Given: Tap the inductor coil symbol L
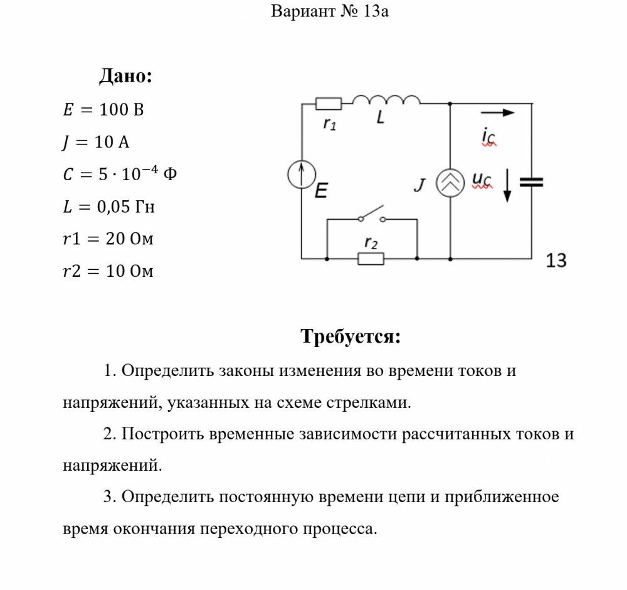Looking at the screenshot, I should point(386,100).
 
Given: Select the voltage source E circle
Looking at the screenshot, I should point(302,174).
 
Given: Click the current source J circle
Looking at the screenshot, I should point(450,183).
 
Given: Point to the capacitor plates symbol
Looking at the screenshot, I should point(532,182).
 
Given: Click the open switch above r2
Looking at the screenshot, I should point(372,215).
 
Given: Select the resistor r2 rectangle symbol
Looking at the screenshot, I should point(371,258).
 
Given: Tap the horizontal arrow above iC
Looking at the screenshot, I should point(498,113).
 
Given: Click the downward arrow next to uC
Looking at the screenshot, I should point(507,186).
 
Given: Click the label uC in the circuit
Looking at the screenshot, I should point(482,181).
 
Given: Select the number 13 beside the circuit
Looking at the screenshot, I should point(556,260).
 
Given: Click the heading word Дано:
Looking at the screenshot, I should point(126,77).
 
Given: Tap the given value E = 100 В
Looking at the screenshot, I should point(103,110).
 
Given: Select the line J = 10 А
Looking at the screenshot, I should point(96,142).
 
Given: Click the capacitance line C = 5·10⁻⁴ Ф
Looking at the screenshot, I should point(120,174).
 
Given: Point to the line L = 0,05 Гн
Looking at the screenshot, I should point(108,206).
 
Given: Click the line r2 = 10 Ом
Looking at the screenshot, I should point(108,271).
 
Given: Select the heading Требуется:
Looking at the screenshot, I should point(350,336).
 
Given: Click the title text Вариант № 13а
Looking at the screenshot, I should point(330,11).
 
